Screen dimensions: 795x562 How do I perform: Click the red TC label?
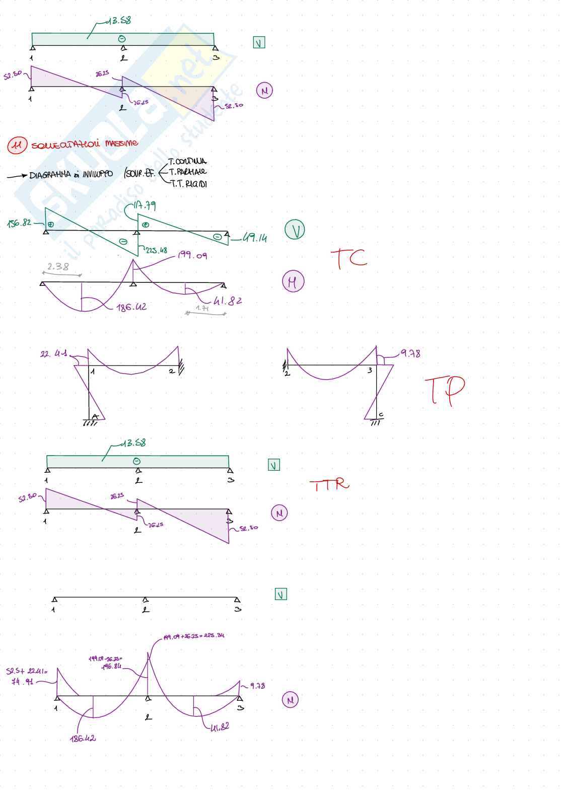coord(348,258)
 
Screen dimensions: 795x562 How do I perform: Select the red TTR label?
coord(329,484)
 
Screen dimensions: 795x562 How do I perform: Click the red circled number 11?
coord(17,146)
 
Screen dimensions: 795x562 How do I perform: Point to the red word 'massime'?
coord(121,143)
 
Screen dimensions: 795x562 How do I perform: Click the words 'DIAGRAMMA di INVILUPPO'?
coord(71,175)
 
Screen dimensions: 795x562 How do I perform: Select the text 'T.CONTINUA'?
coord(187,162)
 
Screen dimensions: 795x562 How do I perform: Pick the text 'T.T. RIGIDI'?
coord(189,184)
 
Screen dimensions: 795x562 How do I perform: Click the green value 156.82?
coord(19,223)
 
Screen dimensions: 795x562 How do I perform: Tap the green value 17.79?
coord(145,205)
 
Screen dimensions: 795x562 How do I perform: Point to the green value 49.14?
coord(254,238)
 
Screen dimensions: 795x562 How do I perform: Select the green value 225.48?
coord(156,250)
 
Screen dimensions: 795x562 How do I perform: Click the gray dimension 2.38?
coord(58,267)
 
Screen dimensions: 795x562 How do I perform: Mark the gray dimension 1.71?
coord(202,308)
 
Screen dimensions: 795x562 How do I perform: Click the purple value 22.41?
coord(54,354)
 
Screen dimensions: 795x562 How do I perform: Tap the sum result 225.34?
coord(214,635)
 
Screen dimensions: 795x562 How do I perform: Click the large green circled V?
coord(295,230)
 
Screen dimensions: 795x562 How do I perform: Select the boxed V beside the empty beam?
coord(281,595)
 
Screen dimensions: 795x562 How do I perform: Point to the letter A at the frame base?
coord(94,416)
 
